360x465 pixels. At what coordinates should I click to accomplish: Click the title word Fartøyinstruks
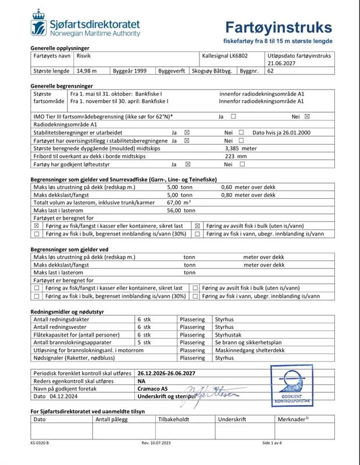coord(279,27)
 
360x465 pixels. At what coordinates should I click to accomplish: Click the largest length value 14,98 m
coord(87,71)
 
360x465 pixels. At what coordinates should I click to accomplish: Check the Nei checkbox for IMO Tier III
coord(307,116)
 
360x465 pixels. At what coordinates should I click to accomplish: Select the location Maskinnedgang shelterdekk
coord(249,350)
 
